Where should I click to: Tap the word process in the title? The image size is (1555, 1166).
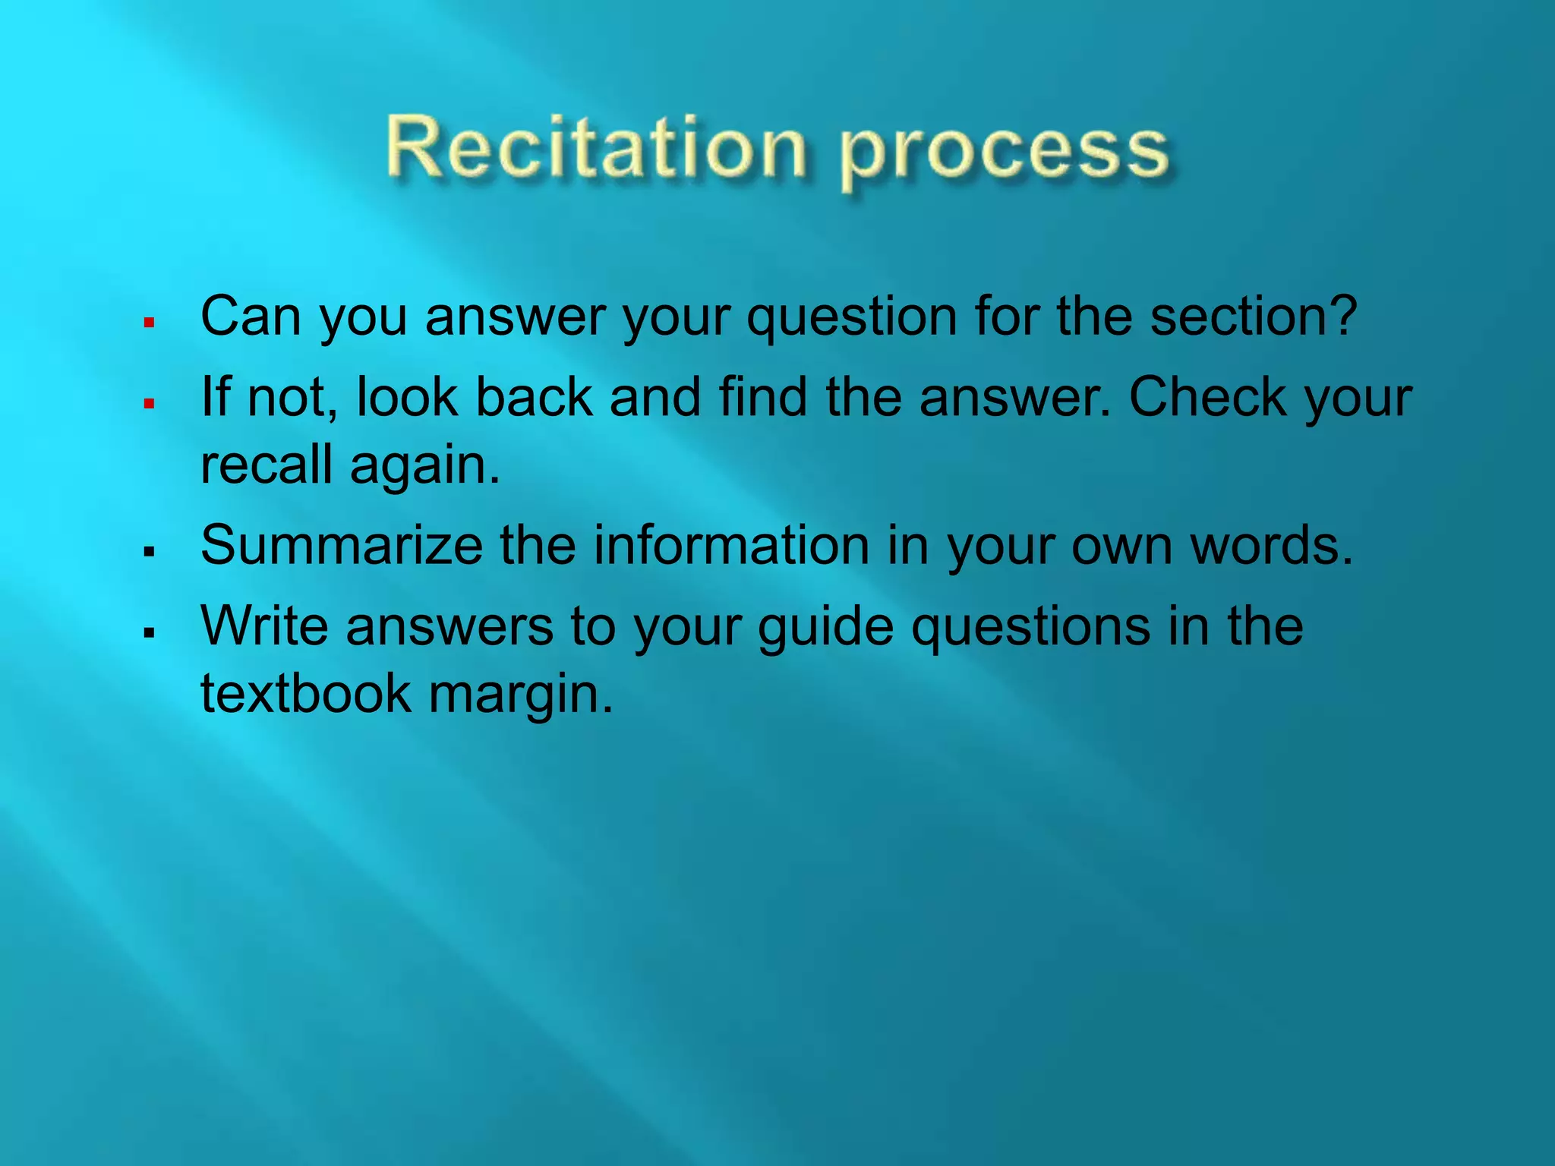(1004, 152)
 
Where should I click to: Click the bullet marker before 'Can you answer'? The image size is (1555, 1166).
(149, 323)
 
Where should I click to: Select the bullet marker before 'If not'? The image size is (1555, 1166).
(149, 403)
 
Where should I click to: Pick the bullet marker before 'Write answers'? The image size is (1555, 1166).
(149, 632)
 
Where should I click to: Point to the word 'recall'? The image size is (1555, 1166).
(266, 464)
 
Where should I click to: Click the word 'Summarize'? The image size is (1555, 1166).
(341, 545)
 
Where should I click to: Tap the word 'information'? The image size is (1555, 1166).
(730, 545)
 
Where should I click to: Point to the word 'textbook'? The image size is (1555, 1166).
(305, 693)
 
